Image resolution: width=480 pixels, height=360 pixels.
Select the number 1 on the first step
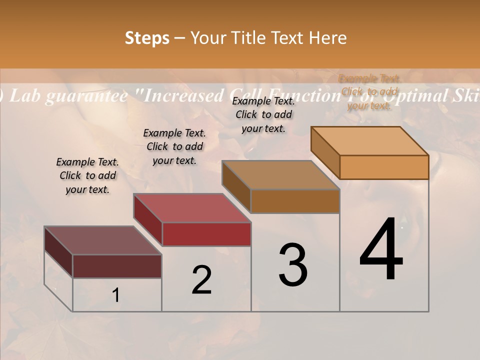click(116, 295)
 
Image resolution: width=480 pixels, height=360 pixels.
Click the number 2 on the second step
click(201, 280)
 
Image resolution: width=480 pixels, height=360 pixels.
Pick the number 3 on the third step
click(293, 265)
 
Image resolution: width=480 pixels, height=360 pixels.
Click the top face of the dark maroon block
click(103, 240)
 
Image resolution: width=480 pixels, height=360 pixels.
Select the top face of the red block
click(192, 208)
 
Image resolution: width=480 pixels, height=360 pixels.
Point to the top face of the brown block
click(281, 175)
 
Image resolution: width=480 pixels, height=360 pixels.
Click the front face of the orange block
click(384, 167)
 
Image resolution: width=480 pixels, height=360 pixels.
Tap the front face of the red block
click(206, 234)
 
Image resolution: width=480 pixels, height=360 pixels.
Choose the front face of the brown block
click(295, 201)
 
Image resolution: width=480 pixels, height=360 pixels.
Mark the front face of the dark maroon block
click(117, 266)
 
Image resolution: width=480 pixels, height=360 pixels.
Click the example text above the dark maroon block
click(87, 175)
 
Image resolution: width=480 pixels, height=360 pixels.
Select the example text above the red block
click(174, 146)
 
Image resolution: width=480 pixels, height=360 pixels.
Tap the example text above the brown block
click(263, 114)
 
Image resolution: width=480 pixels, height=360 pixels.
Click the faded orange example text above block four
click(369, 92)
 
